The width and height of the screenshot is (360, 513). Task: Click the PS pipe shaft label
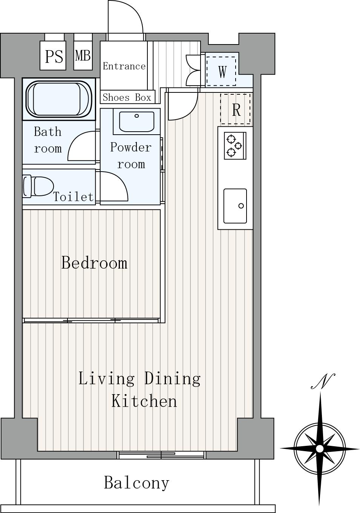tap(54, 56)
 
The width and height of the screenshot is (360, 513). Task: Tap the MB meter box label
tap(83, 55)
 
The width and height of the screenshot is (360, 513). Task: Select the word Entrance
tap(124, 66)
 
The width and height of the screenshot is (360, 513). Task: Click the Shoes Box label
tap(127, 98)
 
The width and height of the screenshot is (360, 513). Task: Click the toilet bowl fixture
tap(38, 186)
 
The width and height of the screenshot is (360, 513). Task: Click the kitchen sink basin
tap(235, 206)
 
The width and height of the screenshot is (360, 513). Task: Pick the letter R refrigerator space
tap(236, 110)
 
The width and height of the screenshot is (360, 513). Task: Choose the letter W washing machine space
tap(222, 72)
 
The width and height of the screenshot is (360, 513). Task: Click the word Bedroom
tap(94, 263)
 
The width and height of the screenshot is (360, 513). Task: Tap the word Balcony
tap(136, 483)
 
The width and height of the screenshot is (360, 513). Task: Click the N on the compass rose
tap(323, 381)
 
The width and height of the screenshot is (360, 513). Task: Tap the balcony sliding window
tap(161, 455)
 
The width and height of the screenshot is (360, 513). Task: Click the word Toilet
tap(74, 197)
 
